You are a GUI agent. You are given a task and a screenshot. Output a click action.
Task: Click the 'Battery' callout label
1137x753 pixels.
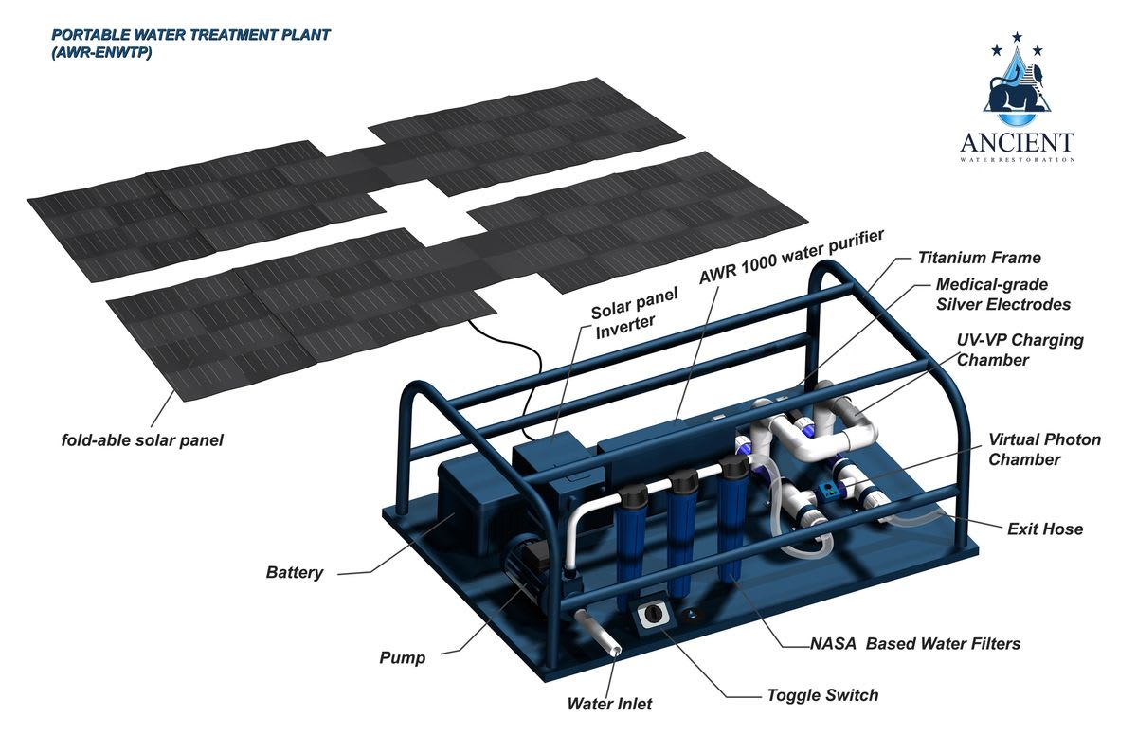(x=295, y=572)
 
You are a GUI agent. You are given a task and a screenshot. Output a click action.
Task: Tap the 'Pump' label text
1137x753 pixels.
(x=402, y=656)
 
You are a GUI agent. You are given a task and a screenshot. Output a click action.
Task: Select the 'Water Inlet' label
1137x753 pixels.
(x=609, y=704)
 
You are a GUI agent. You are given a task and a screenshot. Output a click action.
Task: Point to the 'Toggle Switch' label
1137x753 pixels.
(x=822, y=695)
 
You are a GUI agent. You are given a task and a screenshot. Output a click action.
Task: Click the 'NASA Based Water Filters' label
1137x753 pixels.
(x=914, y=644)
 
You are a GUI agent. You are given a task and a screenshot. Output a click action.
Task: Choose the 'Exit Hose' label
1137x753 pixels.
(x=1045, y=529)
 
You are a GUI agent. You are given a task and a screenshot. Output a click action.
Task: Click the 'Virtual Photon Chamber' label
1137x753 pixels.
(x=1044, y=449)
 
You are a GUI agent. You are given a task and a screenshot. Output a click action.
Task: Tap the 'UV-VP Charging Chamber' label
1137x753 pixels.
(x=1020, y=350)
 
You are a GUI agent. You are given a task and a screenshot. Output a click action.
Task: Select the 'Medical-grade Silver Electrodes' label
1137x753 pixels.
(x=1002, y=294)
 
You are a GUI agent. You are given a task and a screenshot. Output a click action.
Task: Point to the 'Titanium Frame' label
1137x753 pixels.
(x=979, y=257)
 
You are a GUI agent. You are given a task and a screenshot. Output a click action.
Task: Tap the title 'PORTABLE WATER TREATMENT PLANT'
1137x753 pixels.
(x=190, y=35)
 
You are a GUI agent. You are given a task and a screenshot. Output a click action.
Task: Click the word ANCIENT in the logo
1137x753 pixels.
(x=1017, y=143)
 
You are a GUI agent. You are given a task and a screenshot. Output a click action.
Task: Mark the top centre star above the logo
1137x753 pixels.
(x=1017, y=37)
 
